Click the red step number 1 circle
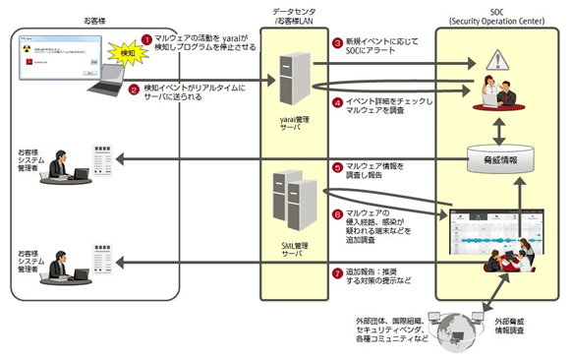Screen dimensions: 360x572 (x=146, y=38)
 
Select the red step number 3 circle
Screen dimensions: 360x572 (x=337, y=44)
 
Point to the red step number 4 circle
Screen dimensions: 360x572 (x=337, y=101)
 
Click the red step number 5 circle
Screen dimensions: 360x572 (x=337, y=166)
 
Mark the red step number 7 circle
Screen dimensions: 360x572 (x=337, y=272)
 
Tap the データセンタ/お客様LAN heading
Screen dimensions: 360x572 (x=294, y=15)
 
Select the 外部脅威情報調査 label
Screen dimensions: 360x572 (x=518, y=324)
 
